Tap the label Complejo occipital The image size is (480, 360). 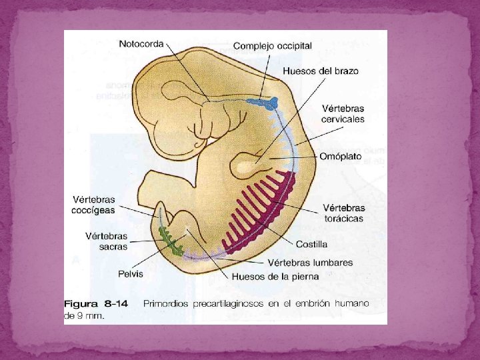[272, 46]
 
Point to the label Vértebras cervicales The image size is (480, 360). [343, 113]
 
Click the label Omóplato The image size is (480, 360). [340, 157]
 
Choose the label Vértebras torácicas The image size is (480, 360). [343, 213]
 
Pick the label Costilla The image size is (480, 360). [312, 244]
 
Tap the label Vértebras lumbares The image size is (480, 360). [311, 263]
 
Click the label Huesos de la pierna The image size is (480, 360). [275, 276]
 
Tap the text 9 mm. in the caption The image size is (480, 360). [91, 316]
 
